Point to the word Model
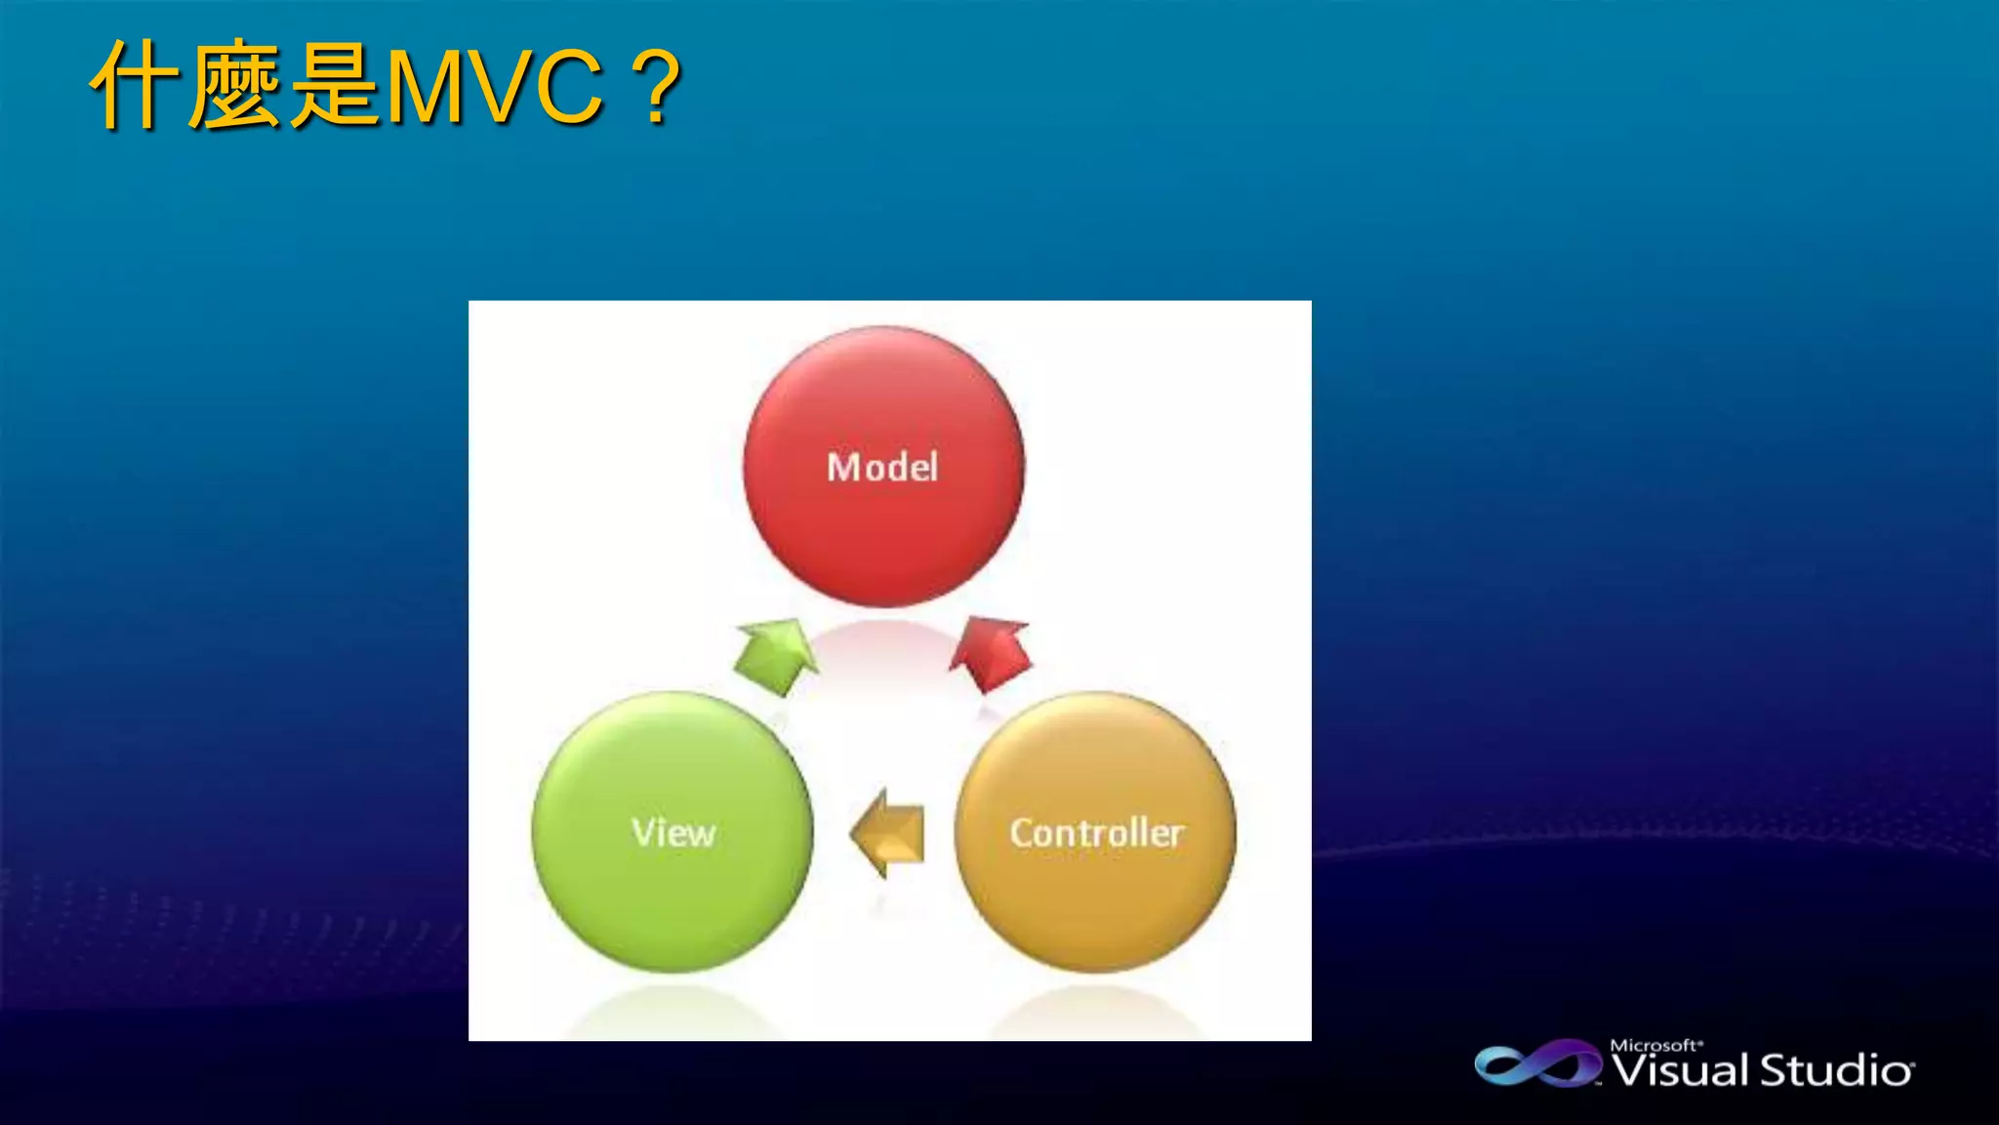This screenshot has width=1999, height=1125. (x=882, y=468)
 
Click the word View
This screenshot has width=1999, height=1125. (x=673, y=833)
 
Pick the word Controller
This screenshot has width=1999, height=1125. (x=1097, y=833)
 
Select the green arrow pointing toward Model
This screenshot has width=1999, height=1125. (x=776, y=655)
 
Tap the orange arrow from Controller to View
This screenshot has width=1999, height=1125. (x=888, y=833)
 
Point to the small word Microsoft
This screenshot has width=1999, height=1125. (x=1655, y=1045)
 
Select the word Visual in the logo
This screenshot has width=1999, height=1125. (x=1680, y=1070)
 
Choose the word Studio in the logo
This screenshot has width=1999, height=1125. (x=1836, y=1070)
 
